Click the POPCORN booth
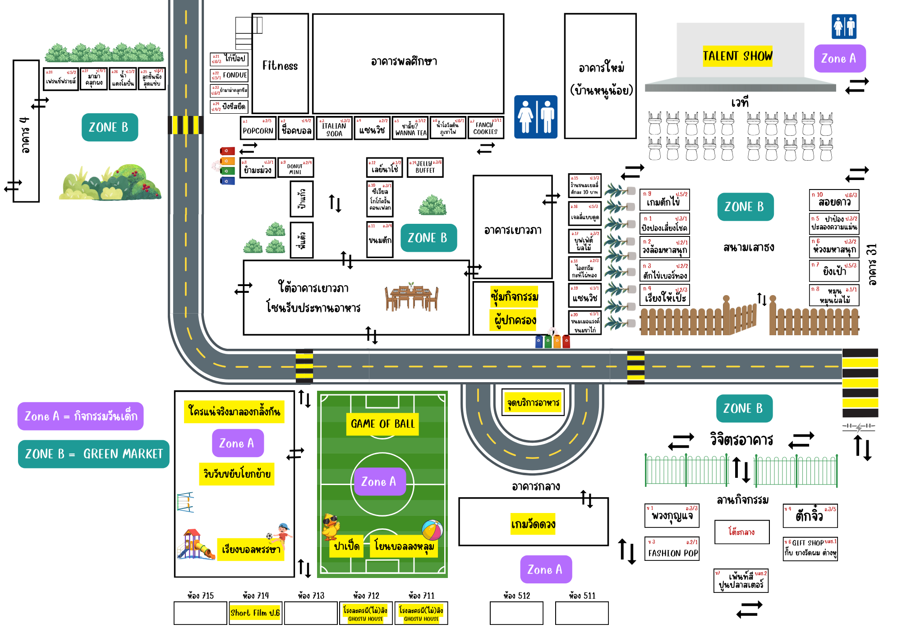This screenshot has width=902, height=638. click(258, 128)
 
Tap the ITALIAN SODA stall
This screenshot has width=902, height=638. click(334, 128)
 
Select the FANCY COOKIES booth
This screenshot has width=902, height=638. click(485, 128)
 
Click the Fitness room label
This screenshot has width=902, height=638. click(280, 66)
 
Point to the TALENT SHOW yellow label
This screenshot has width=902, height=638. click(737, 56)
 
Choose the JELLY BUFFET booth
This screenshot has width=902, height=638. click(425, 167)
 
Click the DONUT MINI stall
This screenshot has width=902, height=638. click(295, 167)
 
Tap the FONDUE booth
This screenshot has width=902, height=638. click(230, 75)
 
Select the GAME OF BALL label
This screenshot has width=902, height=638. click(382, 424)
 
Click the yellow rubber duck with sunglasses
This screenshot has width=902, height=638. click(331, 526)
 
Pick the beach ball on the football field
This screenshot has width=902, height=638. click(432, 530)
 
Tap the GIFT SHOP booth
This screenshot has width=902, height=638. click(810, 549)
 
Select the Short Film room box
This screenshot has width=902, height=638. click(255, 613)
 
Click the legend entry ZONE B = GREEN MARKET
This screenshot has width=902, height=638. click(94, 454)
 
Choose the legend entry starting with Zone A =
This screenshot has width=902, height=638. click(81, 416)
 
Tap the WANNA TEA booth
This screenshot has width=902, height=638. click(410, 128)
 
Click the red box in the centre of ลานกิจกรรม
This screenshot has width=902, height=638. click(741, 532)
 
